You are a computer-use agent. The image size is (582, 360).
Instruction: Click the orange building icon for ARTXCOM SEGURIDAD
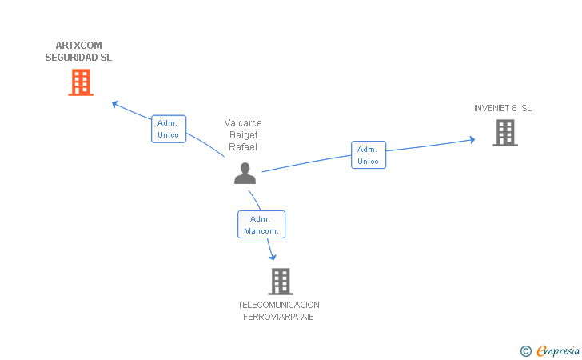(81, 82)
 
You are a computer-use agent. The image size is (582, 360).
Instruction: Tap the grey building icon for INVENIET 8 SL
(505, 133)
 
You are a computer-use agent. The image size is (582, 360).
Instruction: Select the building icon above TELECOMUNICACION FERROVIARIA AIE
(280, 281)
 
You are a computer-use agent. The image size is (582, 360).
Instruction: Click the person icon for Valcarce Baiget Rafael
(245, 174)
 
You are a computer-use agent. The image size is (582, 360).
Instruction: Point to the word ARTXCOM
(78, 46)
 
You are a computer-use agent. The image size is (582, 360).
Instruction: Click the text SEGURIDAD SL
(78, 58)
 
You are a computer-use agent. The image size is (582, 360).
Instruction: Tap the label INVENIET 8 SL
(503, 108)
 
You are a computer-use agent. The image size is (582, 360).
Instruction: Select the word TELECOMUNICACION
(278, 305)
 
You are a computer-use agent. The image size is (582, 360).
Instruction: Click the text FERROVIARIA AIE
(278, 317)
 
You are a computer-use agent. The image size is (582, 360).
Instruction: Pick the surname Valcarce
(243, 123)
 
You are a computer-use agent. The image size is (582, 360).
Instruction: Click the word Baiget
(243, 135)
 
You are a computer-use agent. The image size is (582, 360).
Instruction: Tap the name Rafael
(243, 147)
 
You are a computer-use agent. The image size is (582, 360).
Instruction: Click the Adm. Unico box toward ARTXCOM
(169, 129)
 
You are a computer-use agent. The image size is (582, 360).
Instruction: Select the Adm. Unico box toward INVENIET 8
(368, 155)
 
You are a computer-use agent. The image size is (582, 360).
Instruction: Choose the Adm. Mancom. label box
(261, 225)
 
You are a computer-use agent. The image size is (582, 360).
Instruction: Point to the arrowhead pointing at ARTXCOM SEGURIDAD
(114, 103)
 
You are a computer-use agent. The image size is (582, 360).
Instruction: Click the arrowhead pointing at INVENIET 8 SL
(472, 140)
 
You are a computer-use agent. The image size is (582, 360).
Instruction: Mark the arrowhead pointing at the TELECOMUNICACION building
(273, 256)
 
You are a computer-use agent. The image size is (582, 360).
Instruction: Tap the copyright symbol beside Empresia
(525, 350)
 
